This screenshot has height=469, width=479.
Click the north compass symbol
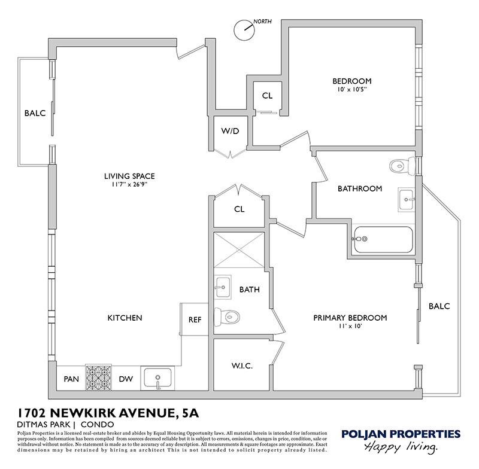coord(244,29)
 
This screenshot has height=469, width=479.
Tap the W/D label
coord(231,132)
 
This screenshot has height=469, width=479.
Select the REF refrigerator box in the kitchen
coord(195,319)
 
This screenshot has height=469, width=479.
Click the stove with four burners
coord(99,377)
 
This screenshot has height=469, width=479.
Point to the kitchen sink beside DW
coord(157,378)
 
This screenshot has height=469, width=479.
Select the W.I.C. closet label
coord(241,366)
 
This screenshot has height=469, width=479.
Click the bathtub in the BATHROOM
coord(383,239)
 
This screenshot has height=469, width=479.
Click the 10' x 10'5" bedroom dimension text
coord(351,90)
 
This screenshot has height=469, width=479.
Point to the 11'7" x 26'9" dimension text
coord(129,185)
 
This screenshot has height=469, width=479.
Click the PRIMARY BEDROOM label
coord(350,318)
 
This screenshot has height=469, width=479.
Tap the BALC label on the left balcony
coord(35,113)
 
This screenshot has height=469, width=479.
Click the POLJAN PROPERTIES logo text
coord(400,434)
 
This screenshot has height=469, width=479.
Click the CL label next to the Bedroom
coord(267,96)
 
